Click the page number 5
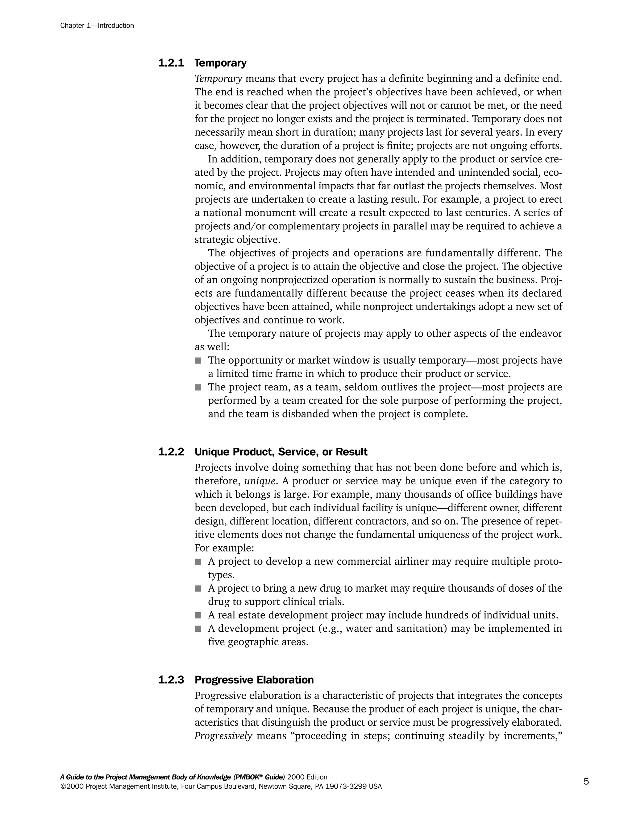[586, 782]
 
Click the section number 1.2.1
[171, 63]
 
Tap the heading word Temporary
[221, 63]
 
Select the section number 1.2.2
[171, 452]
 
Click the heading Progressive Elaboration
[254, 680]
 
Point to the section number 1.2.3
[171, 680]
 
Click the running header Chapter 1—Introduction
[97, 26]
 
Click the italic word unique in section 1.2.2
[260, 481]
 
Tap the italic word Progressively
[223, 736]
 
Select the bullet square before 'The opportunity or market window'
[198, 361]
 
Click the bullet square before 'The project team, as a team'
[198, 388]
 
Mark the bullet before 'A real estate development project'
[198, 615]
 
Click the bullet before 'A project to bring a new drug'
[198, 589]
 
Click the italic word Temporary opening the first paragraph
[218, 79]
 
